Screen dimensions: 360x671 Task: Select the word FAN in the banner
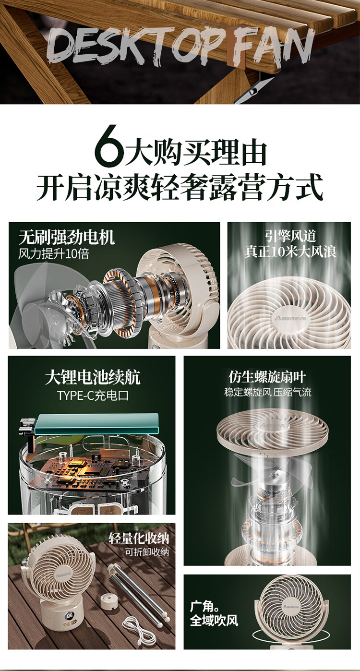272,45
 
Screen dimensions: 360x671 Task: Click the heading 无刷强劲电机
67,238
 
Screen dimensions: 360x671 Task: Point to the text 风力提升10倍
54,254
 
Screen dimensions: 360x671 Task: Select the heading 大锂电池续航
92,377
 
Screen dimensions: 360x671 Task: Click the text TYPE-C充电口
93,395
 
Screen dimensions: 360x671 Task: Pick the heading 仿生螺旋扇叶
267,377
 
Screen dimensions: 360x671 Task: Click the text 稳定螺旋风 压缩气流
267,392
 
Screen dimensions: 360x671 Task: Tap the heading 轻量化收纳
139,539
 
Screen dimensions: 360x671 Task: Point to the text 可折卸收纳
147,552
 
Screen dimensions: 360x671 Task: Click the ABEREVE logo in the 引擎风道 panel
290,318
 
